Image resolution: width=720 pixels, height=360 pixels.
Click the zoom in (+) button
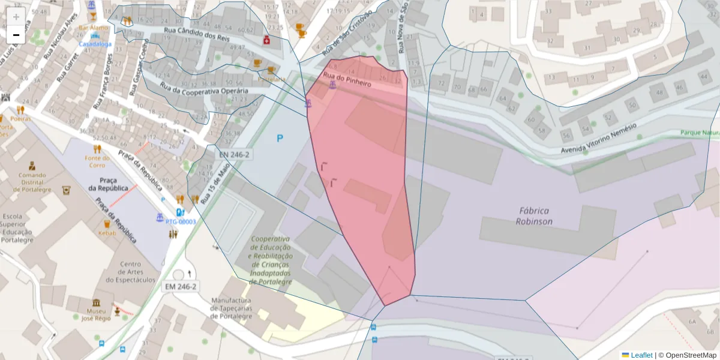tap(16, 17)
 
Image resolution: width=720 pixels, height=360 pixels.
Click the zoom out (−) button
tap(16, 35)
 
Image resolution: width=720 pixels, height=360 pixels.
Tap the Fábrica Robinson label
tap(534, 216)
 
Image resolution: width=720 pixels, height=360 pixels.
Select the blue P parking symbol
tap(280, 139)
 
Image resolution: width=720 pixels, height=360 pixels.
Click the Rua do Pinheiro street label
tap(347, 80)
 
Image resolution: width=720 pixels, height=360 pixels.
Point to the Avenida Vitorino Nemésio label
tap(607, 142)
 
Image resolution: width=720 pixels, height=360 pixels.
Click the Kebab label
tap(107, 233)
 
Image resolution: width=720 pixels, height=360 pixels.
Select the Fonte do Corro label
tap(97, 161)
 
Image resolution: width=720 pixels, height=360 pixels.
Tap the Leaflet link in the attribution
tap(641, 355)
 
